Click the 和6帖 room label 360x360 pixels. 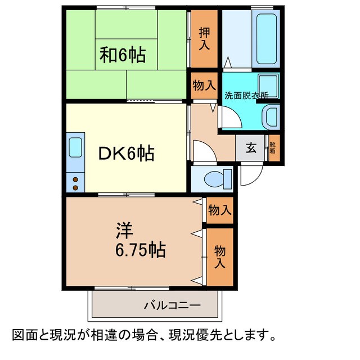(x=123, y=55)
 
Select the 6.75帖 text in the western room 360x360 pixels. (x=140, y=250)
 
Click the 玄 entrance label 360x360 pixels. (x=251, y=149)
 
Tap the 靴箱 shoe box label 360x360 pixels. (x=273, y=149)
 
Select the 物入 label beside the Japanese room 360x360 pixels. (x=204, y=85)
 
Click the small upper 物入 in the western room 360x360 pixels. (x=219, y=211)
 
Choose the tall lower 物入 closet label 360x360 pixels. (x=219, y=256)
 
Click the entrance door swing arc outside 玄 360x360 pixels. (x=248, y=175)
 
